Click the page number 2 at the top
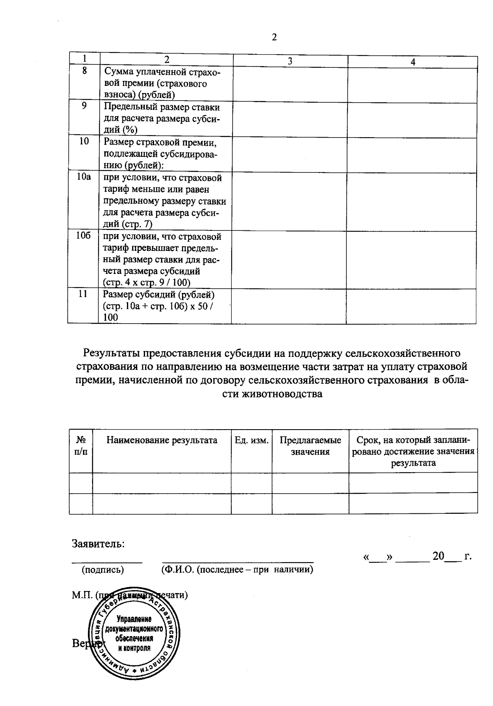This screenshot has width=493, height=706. click(x=274, y=37)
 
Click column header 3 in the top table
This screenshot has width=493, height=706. click(x=290, y=62)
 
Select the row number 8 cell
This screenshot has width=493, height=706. click(x=84, y=70)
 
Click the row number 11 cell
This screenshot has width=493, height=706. click(x=83, y=294)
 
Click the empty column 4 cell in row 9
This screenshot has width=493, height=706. click(x=412, y=120)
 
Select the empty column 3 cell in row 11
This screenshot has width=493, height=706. click(x=288, y=306)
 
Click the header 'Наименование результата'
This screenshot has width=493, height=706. click(x=162, y=440)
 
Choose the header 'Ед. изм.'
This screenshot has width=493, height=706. click(x=251, y=440)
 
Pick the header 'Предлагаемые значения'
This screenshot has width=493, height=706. click(x=310, y=446)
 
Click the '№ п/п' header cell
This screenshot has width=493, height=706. click(x=81, y=446)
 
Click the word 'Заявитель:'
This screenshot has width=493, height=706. click(x=98, y=544)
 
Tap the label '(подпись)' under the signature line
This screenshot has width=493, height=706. click(x=103, y=570)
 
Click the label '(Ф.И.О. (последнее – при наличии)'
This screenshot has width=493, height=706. click(x=235, y=570)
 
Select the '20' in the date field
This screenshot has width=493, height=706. click(x=438, y=557)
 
